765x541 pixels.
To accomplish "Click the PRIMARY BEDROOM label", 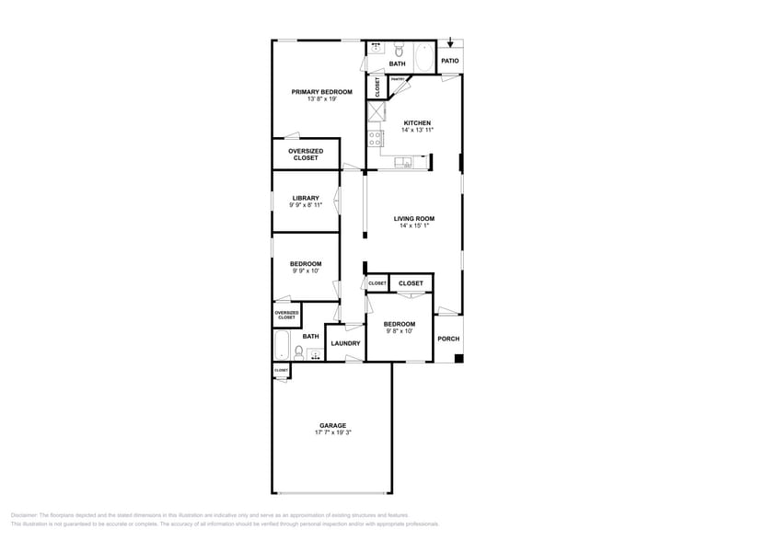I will [321, 92].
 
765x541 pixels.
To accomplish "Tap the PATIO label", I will [449, 61].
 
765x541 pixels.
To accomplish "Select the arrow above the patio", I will [449, 42].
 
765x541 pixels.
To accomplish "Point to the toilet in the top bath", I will [398, 50].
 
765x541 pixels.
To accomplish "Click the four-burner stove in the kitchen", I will [376, 139].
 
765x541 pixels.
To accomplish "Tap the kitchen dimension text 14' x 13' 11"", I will [417, 131].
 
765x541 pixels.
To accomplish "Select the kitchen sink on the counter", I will [404, 164].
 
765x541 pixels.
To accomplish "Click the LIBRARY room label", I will [306, 198].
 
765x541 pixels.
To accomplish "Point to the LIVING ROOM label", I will [413, 219].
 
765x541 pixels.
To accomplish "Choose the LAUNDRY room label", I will [345, 343].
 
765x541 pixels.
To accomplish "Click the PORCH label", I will [448, 339].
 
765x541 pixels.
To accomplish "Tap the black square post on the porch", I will [458, 358].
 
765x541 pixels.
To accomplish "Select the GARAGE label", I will [332, 425].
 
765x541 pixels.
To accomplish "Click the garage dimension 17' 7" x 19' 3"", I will [332, 432].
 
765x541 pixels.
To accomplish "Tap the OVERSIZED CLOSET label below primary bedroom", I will [306, 155].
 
